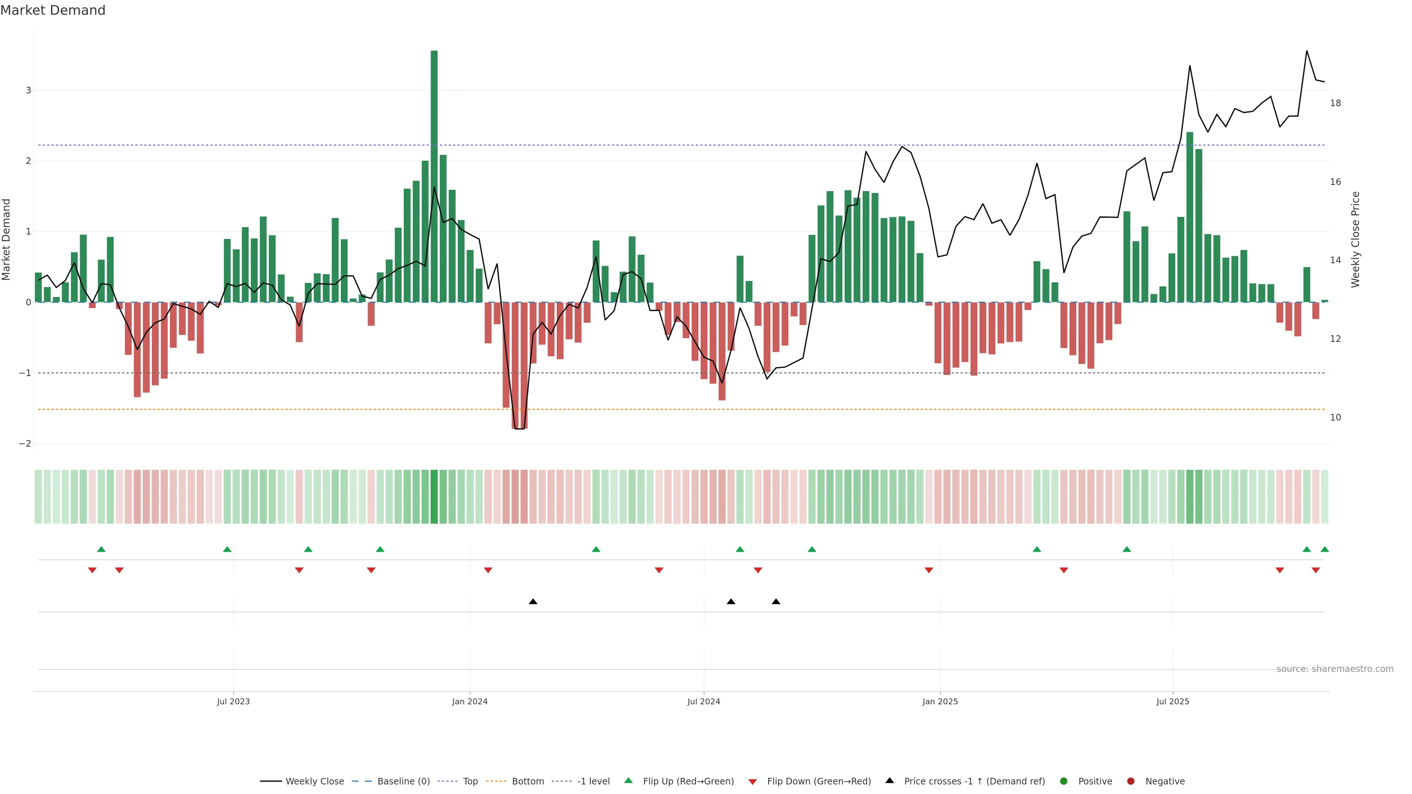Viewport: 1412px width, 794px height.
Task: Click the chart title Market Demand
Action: pyautogui.click(x=53, y=10)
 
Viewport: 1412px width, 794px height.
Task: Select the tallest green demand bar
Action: pyautogui.click(x=434, y=175)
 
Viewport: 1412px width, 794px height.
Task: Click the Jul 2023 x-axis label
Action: pyautogui.click(x=233, y=701)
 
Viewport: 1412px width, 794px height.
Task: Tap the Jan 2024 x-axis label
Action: pyautogui.click(x=470, y=701)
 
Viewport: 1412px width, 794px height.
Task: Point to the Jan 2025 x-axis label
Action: pyautogui.click(x=940, y=701)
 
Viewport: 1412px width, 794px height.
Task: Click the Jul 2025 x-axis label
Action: pyautogui.click(x=1173, y=701)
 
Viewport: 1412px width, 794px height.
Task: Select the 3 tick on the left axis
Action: pyautogui.click(x=28, y=90)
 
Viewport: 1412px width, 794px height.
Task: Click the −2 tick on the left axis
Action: pyautogui.click(x=25, y=443)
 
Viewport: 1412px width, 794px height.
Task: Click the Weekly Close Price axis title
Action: pyautogui.click(x=1355, y=239)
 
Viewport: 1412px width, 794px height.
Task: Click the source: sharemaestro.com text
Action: pyautogui.click(x=1335, y=669)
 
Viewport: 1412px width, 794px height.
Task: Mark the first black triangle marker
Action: pyautogui.click(x=533, y=602)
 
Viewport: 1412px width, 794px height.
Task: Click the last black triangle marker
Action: pyautogui.click(x=775, y=602)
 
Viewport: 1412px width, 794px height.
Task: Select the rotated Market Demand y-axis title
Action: pyautogui.click(x=7, y=239)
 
